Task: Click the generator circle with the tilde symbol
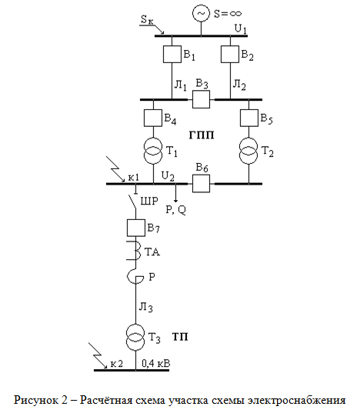pos(202,14)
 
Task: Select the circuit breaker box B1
pos(172,54)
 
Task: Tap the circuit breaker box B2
pos(230,54)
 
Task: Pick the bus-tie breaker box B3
pos(202,99)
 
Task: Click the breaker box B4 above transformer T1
pos(153,118)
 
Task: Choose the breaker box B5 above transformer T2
pos(249,118)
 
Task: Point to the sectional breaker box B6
pos(202,183)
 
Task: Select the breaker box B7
pos(136,228)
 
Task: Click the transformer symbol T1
pos(153,151)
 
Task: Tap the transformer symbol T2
pos(248,151)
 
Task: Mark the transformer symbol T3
pos(135,338)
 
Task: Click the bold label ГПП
pos(202,135)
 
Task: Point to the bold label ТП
pos(181,337)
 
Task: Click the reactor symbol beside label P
pos(135,277)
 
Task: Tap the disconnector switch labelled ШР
pos(133,202)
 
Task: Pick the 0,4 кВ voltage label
pos(156,364)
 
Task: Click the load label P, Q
pos(176,210)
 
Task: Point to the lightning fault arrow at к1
pos(115,169)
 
